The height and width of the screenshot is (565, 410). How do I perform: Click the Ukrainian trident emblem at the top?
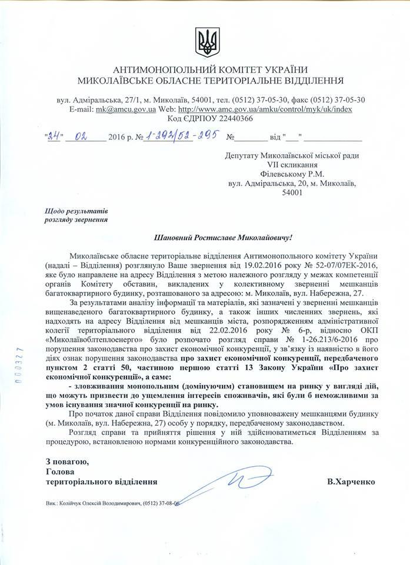pos(205,38)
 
